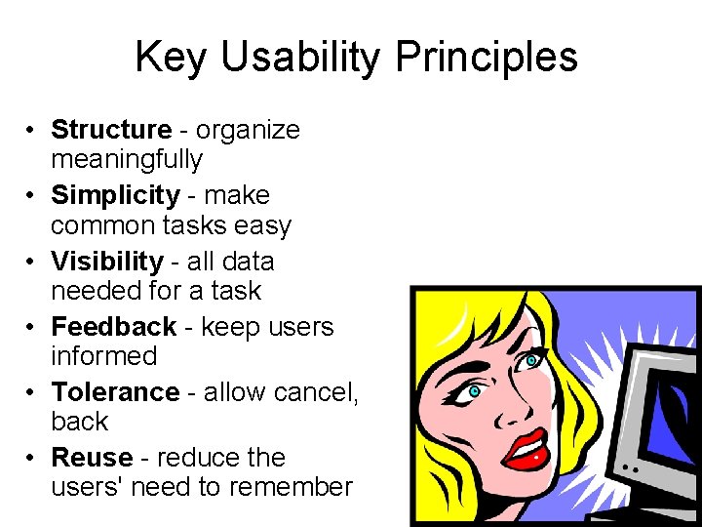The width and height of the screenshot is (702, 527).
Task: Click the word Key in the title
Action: (x=172, y=58)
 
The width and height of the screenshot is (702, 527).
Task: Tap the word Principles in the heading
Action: (x=487, y=58)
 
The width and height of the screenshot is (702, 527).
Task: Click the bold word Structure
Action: (x=111, y=130)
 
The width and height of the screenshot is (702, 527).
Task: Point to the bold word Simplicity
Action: (x=115, y=195)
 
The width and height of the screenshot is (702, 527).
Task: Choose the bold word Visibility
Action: (x=107, y=261)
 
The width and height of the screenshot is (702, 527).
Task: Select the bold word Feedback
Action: (x=113, y=326)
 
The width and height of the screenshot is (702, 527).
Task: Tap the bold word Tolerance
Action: (x=115, y=391)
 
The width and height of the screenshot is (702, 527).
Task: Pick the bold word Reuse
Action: (x=92, y=457)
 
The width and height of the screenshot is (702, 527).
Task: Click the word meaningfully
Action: (x=127, y=159)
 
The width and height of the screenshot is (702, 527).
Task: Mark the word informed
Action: (x=103, y=355)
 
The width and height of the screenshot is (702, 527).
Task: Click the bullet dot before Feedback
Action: (x=32, y=327)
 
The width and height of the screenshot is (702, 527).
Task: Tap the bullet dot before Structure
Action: (x=32, y=131)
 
